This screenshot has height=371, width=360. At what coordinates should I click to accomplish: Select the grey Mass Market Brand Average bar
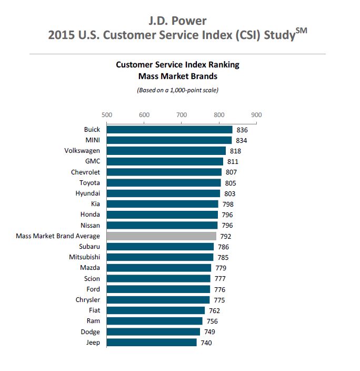point(162,236)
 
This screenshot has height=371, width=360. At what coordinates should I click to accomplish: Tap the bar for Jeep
point(152,343)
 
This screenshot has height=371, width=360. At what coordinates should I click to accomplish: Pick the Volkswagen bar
point(166,151)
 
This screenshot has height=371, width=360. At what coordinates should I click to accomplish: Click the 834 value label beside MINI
point(242,140)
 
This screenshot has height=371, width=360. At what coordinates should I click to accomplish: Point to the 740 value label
point(207,343)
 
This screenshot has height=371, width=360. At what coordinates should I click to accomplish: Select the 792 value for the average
point(226,236)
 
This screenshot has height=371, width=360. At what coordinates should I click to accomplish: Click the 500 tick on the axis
point(106,114)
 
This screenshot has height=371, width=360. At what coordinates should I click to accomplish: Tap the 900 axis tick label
point(256,114)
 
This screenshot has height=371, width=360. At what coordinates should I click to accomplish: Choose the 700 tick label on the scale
point(182,114)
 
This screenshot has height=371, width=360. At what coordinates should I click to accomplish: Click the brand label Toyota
point(89,183)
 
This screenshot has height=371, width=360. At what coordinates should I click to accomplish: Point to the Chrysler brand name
point(87,300)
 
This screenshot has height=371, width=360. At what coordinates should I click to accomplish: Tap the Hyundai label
point(87,193)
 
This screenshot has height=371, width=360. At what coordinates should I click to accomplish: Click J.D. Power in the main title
point(177,21)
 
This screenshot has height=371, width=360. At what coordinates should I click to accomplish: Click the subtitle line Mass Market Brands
point(177,76)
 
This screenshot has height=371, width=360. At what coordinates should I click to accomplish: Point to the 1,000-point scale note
point(177,90)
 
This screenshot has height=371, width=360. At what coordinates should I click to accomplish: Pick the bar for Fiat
point(156,310)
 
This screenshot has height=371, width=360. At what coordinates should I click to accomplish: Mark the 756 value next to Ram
point(212,321)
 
